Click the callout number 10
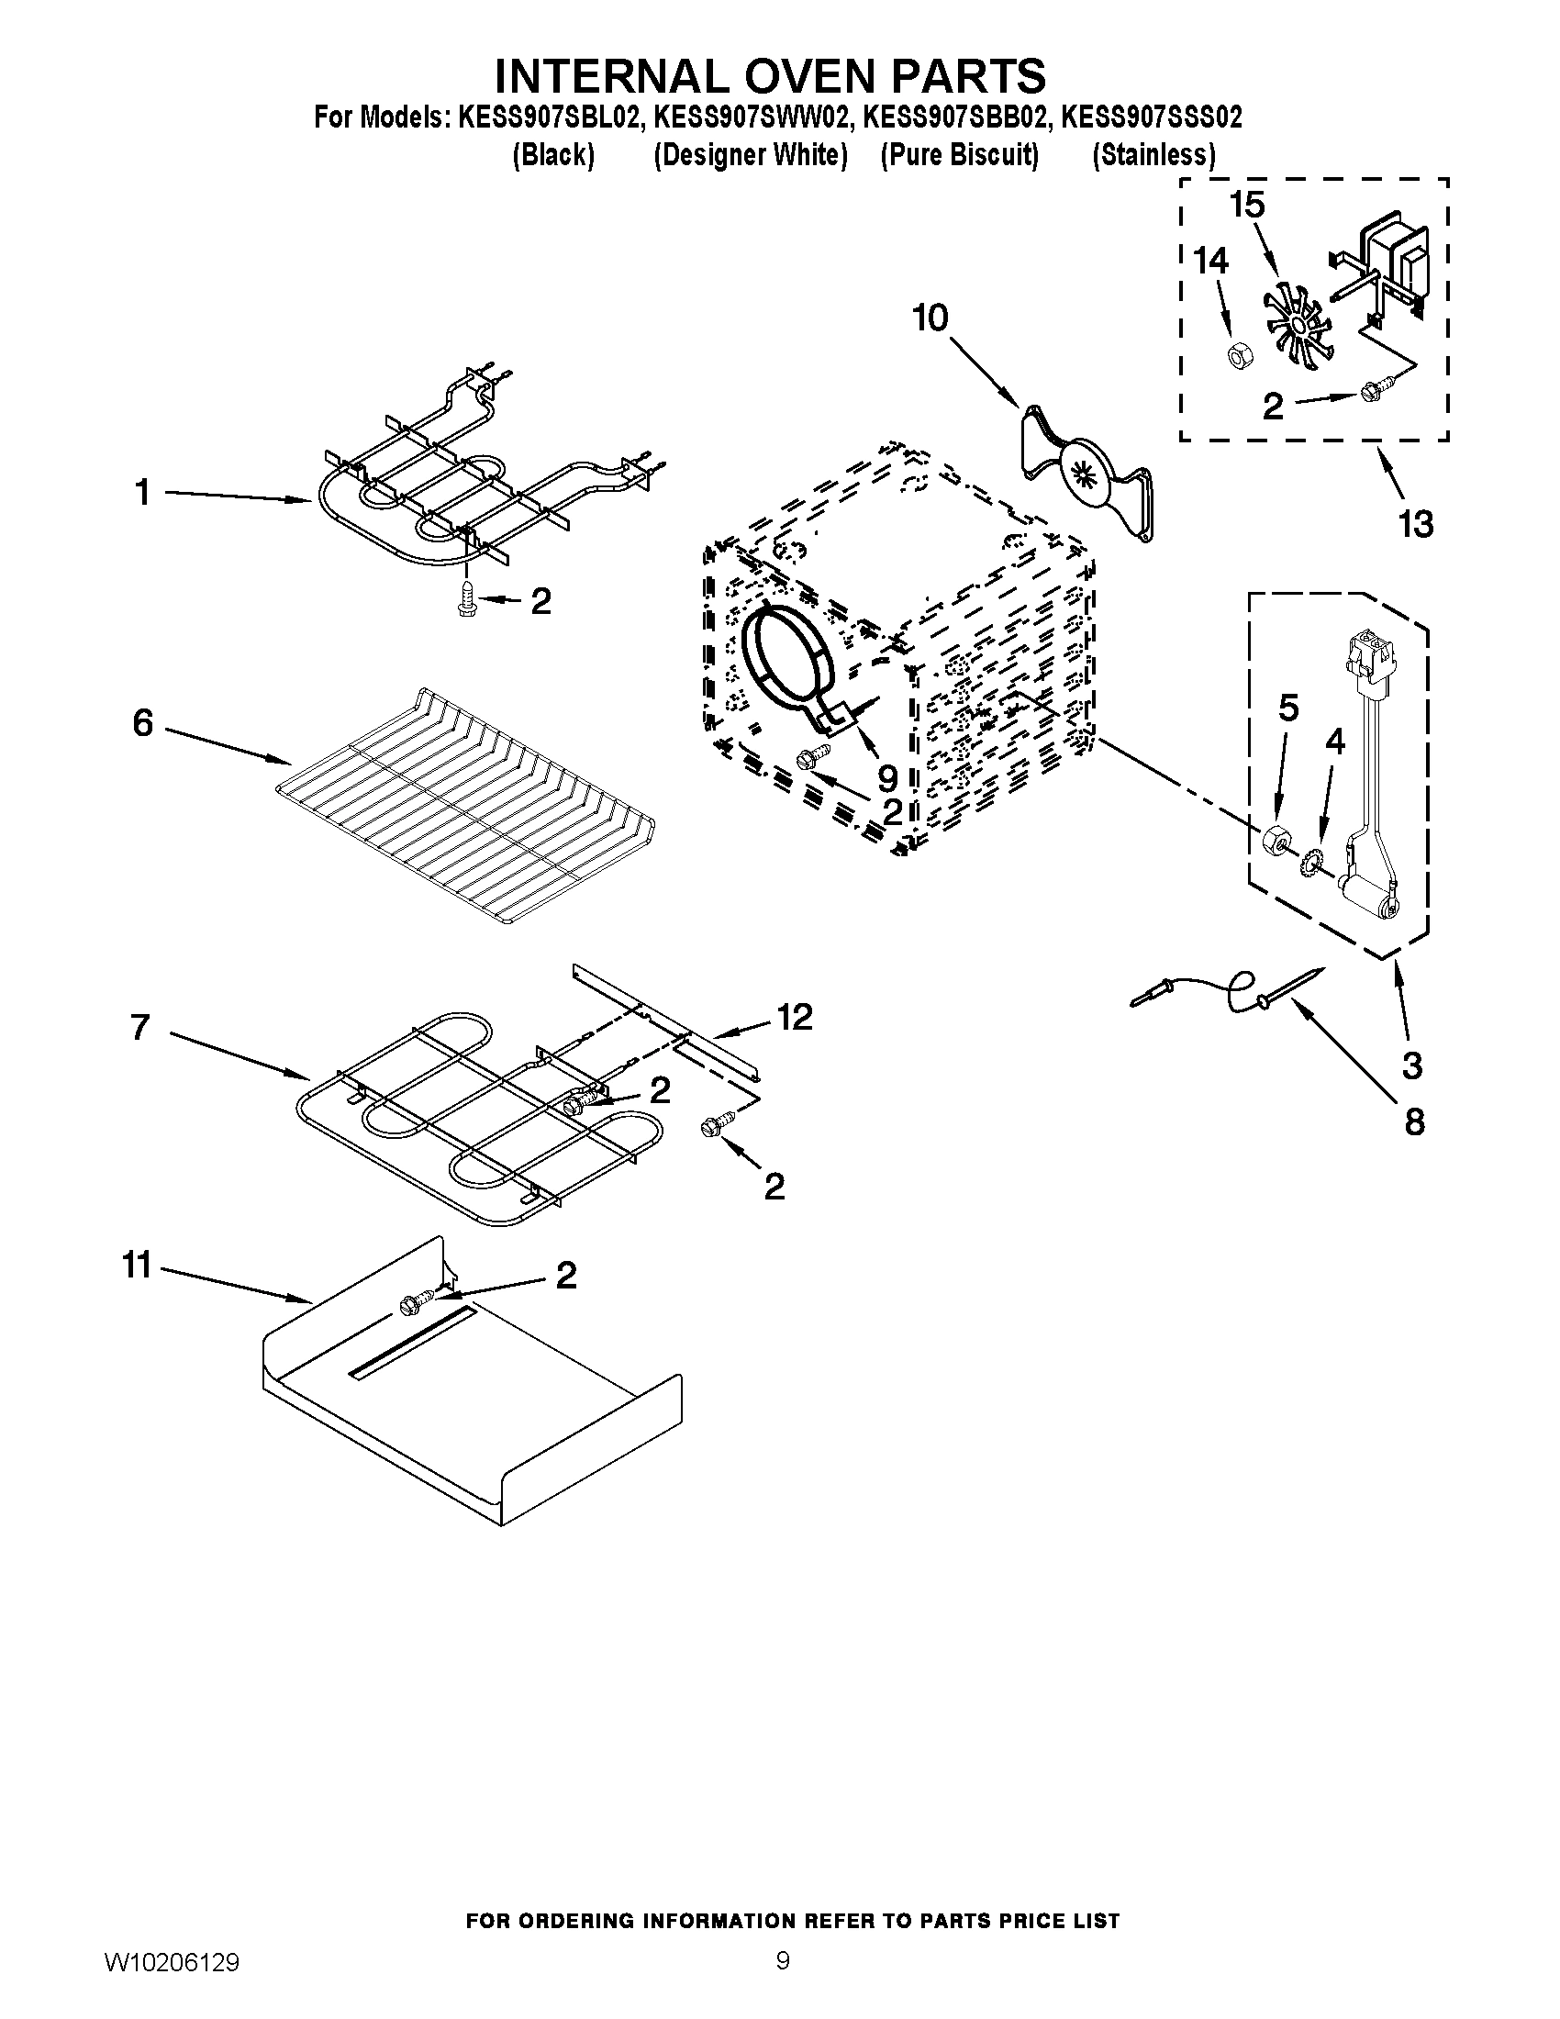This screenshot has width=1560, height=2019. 930,319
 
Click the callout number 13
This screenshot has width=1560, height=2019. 1415,524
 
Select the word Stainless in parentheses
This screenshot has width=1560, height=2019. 1153,155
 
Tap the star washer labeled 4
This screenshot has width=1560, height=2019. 1310,864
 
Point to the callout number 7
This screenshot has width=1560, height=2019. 140,1027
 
